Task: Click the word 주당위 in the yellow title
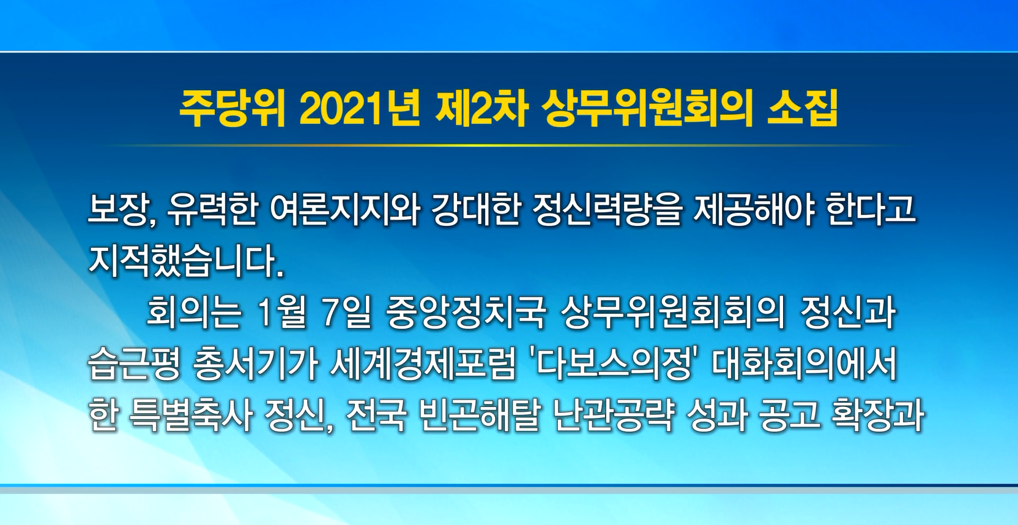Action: point(232,110)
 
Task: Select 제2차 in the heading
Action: point(481,110)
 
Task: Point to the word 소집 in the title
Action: point(803,110)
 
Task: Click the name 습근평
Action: point(134,365)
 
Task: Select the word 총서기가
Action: point(255,365)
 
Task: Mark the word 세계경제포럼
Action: point(423,365)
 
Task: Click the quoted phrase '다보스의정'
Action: point(614,365)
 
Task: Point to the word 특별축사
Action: point(190,416)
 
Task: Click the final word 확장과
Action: point(877,416)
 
